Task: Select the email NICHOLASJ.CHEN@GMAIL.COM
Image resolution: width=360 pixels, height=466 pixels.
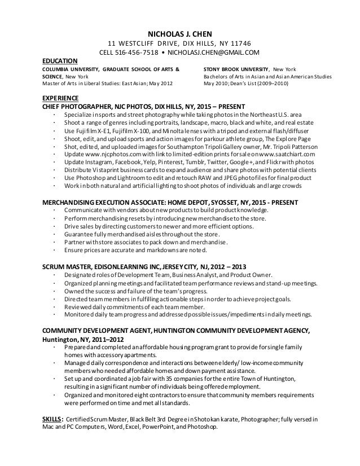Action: pos(213,53)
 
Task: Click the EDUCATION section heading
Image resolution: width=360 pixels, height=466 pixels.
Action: pos(61,61)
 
